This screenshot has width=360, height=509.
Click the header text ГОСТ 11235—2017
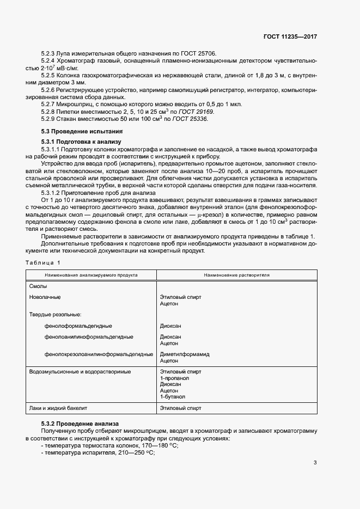point(289,37)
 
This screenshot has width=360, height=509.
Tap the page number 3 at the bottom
point(315,463)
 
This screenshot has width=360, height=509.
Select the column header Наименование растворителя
point(237,275)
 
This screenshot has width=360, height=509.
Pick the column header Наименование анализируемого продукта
point(91,275)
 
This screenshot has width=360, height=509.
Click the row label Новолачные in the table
point(45,297)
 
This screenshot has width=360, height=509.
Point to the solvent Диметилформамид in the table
point(185,354)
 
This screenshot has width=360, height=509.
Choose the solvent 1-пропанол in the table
point(174,378)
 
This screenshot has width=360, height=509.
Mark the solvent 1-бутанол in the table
point(173,397)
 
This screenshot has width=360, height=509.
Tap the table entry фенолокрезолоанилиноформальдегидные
point(99,354)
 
